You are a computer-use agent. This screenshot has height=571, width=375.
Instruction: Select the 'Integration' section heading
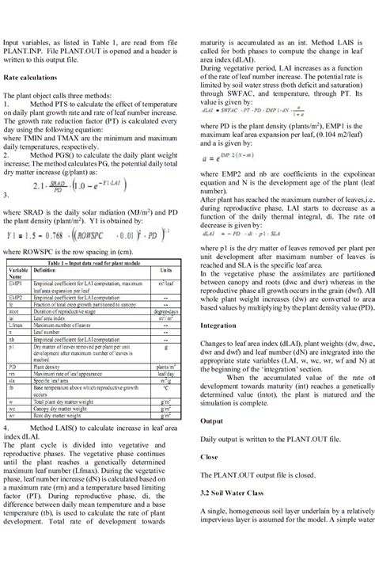click(x=218, y=325)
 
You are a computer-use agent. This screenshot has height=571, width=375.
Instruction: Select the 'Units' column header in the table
click(x=165, y=269)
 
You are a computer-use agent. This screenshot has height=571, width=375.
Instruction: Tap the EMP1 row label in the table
click(x=15, y=281)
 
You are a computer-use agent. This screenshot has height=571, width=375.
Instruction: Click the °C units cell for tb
click(x=165, y=389)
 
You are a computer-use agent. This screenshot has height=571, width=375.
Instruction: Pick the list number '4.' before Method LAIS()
click(x=7, y=426)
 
